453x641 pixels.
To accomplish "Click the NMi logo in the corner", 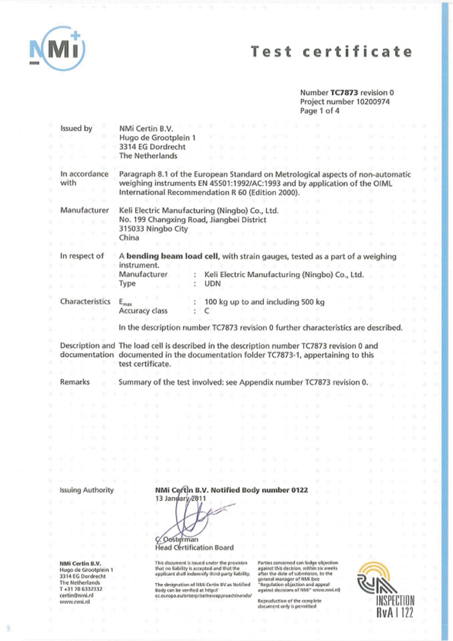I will tap(57, 49).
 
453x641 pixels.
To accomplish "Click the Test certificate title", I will tap(332, 52).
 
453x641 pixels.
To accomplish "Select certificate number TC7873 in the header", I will tap(344, 93).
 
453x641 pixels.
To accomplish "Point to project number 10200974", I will tap(373, 102).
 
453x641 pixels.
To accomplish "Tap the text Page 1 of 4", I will tap(319, 111).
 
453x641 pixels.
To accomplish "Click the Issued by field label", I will tap(76, 128).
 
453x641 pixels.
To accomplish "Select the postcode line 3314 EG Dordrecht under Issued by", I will tap(152, 147).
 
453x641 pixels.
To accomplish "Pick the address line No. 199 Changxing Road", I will tap(193, 220).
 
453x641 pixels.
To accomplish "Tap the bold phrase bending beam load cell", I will tap(172, 256).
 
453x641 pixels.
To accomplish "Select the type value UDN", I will tap(212, 284).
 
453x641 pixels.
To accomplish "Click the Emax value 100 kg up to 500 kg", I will tap(264, 302).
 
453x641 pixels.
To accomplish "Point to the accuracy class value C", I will tap(207, 311).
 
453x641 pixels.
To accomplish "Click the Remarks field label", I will tap(75, 382).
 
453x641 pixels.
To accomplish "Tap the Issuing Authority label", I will tap(87, 490).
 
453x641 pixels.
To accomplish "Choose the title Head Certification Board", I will tap(194, 548).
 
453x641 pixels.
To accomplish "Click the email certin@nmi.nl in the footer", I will tap(76, 595).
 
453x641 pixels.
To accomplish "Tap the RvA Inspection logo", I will tap(386, 590).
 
